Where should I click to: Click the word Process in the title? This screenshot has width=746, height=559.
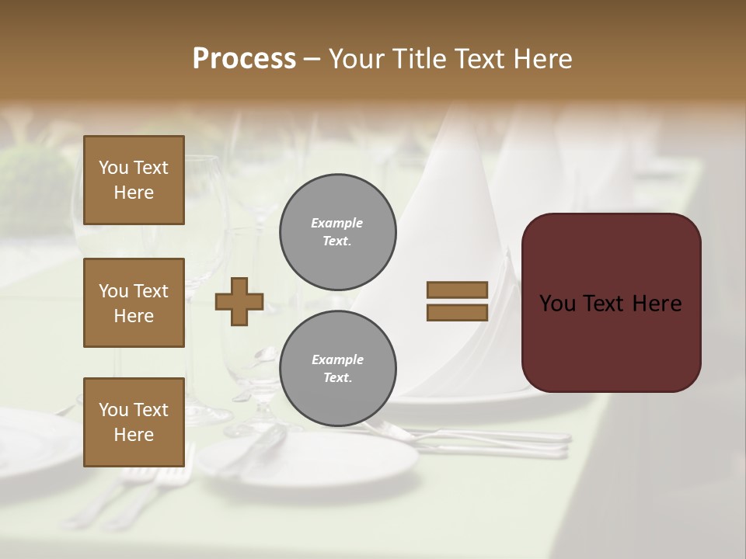coord(244,59)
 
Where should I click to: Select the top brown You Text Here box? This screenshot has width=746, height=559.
coord(134,180)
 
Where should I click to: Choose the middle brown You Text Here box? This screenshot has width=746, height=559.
coord(134,303)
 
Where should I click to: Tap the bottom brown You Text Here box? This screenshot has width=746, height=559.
coord(134,422)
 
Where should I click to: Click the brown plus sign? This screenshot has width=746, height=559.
coord(239,301)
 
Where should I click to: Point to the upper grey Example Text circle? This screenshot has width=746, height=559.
coord(338,232)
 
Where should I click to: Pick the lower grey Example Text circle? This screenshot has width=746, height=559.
coord(338,369)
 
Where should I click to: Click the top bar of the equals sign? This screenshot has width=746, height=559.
coord(457,290)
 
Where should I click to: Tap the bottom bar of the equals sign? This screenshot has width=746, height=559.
coord(457,312)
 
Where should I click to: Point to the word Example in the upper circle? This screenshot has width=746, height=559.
coord(336,223)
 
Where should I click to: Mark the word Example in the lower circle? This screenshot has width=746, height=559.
coord(337,359)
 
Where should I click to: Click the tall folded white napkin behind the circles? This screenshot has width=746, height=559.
coord(451,194)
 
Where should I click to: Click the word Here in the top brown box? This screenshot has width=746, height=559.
coord(134,193)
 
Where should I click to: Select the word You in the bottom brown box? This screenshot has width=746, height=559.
coord(113,409)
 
